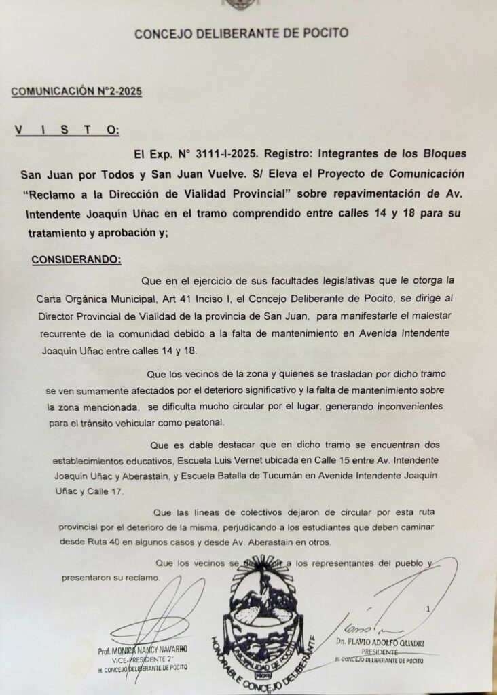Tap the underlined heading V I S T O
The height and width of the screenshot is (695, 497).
point(67,129)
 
